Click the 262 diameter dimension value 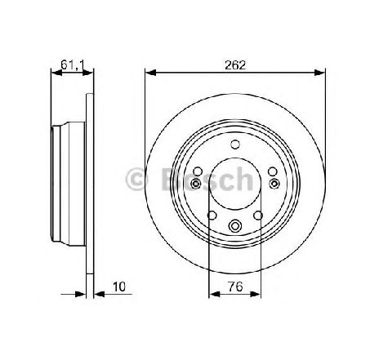click(x=235, y=65)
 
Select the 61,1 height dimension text click(x=73, y=64)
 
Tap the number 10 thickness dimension click(x=119, y=287)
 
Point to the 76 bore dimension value click(x=235, y=287)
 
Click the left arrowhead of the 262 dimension click(x=150, y=73)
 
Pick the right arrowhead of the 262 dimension click(x=319, y=73)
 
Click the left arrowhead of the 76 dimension click(x=215, y=294)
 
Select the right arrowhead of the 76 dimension click(x=256, y=294)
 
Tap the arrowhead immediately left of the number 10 click(x=99, y=294)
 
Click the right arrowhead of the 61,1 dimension click(x=87, y=73)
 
